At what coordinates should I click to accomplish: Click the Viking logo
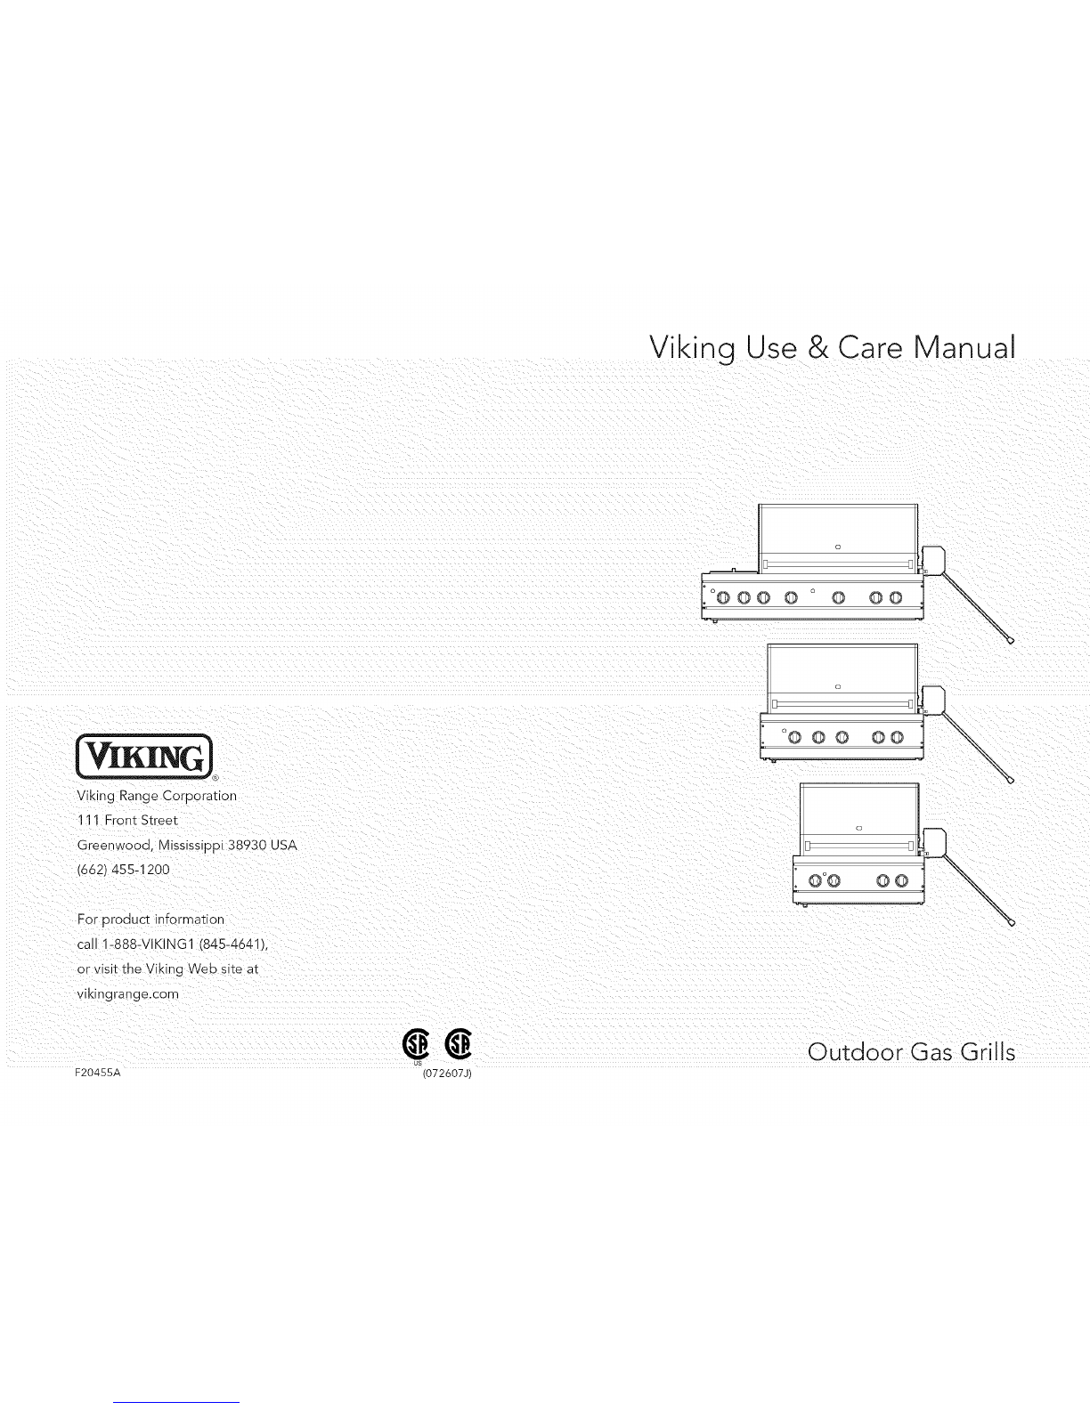pos(144,756)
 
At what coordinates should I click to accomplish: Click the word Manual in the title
pos(964,348)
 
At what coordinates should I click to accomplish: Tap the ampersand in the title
pos(818,348)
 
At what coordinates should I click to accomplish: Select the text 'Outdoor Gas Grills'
pos(911,1052)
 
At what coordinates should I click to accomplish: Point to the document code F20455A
pos(97,1073)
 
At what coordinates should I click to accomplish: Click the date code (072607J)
pos(447,1074)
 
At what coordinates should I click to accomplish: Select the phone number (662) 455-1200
pos(124,870)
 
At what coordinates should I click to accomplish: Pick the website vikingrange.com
pos(128,994)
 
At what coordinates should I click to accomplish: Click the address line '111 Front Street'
pos(127,820)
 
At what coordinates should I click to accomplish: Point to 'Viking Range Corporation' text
pos(157,796)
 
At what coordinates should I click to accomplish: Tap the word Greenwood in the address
pos(114,846)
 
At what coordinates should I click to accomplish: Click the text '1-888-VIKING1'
pos(149,944)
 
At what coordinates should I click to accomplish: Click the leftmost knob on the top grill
pos(723,597)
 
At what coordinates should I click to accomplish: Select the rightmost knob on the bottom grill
pos(901,880)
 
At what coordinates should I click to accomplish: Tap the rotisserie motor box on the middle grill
pos(933,701)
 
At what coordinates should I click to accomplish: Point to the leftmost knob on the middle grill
pos(795,737)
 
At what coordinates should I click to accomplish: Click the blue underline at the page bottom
pos(176,1402)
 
